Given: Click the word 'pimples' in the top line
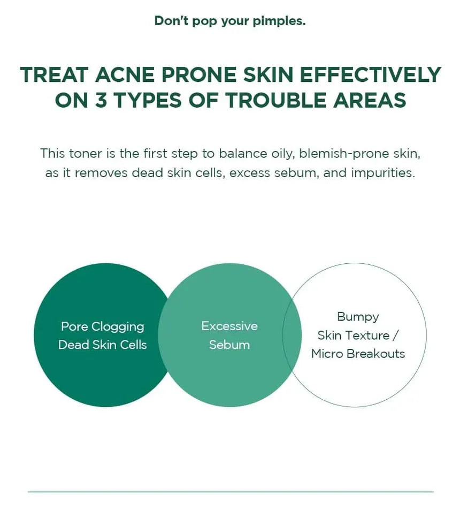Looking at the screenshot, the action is pyautogui.click(x=279, y=21).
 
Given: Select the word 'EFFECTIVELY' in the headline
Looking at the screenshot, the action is pyautogui.click(x=370, y=74).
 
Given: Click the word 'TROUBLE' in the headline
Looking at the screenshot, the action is pyautogui.click(x=275, y=100).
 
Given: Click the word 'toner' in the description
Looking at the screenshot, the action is pyautogui.click(x=85, y=154).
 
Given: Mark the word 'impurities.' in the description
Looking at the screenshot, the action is pyautogui.click(x=383, y=173).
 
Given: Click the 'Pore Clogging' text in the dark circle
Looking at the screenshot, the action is pyautogui.click(x=102, y=327).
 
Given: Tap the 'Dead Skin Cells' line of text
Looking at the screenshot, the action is pyautogui.click(x=102, y=345).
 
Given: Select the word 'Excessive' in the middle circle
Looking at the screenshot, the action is pyautogui.click(x=229, y=326).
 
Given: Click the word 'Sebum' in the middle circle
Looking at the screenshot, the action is pyautogui.click(x=229, y=345).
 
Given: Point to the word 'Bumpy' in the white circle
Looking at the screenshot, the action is pyautogui.click(x=358, y=317).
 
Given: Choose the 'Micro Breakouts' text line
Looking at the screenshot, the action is pyautogui.click(x=358, y=354).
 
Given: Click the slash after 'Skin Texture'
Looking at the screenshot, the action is pyautogui.click(x=395, y=335).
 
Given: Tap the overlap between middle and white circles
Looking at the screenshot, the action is pyautogui.click(x=292, y=335).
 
